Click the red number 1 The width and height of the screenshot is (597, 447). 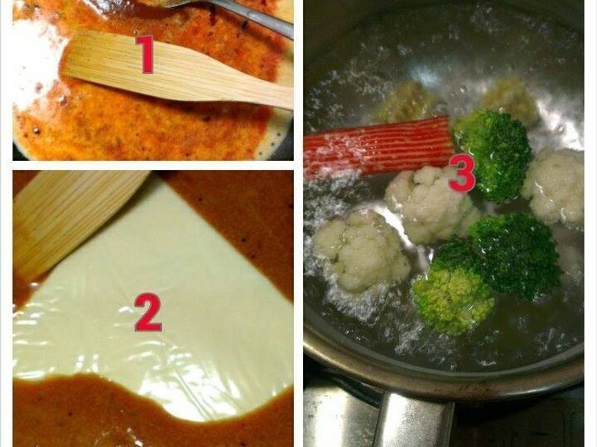(146, 54)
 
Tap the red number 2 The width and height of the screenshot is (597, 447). (148, 312)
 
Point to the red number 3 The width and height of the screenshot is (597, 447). (462, 174)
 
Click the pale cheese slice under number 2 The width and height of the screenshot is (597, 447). (152, 300)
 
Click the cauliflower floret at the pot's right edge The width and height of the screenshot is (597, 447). (554, 186)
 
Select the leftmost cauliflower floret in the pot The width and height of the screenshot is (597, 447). (360, 251)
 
